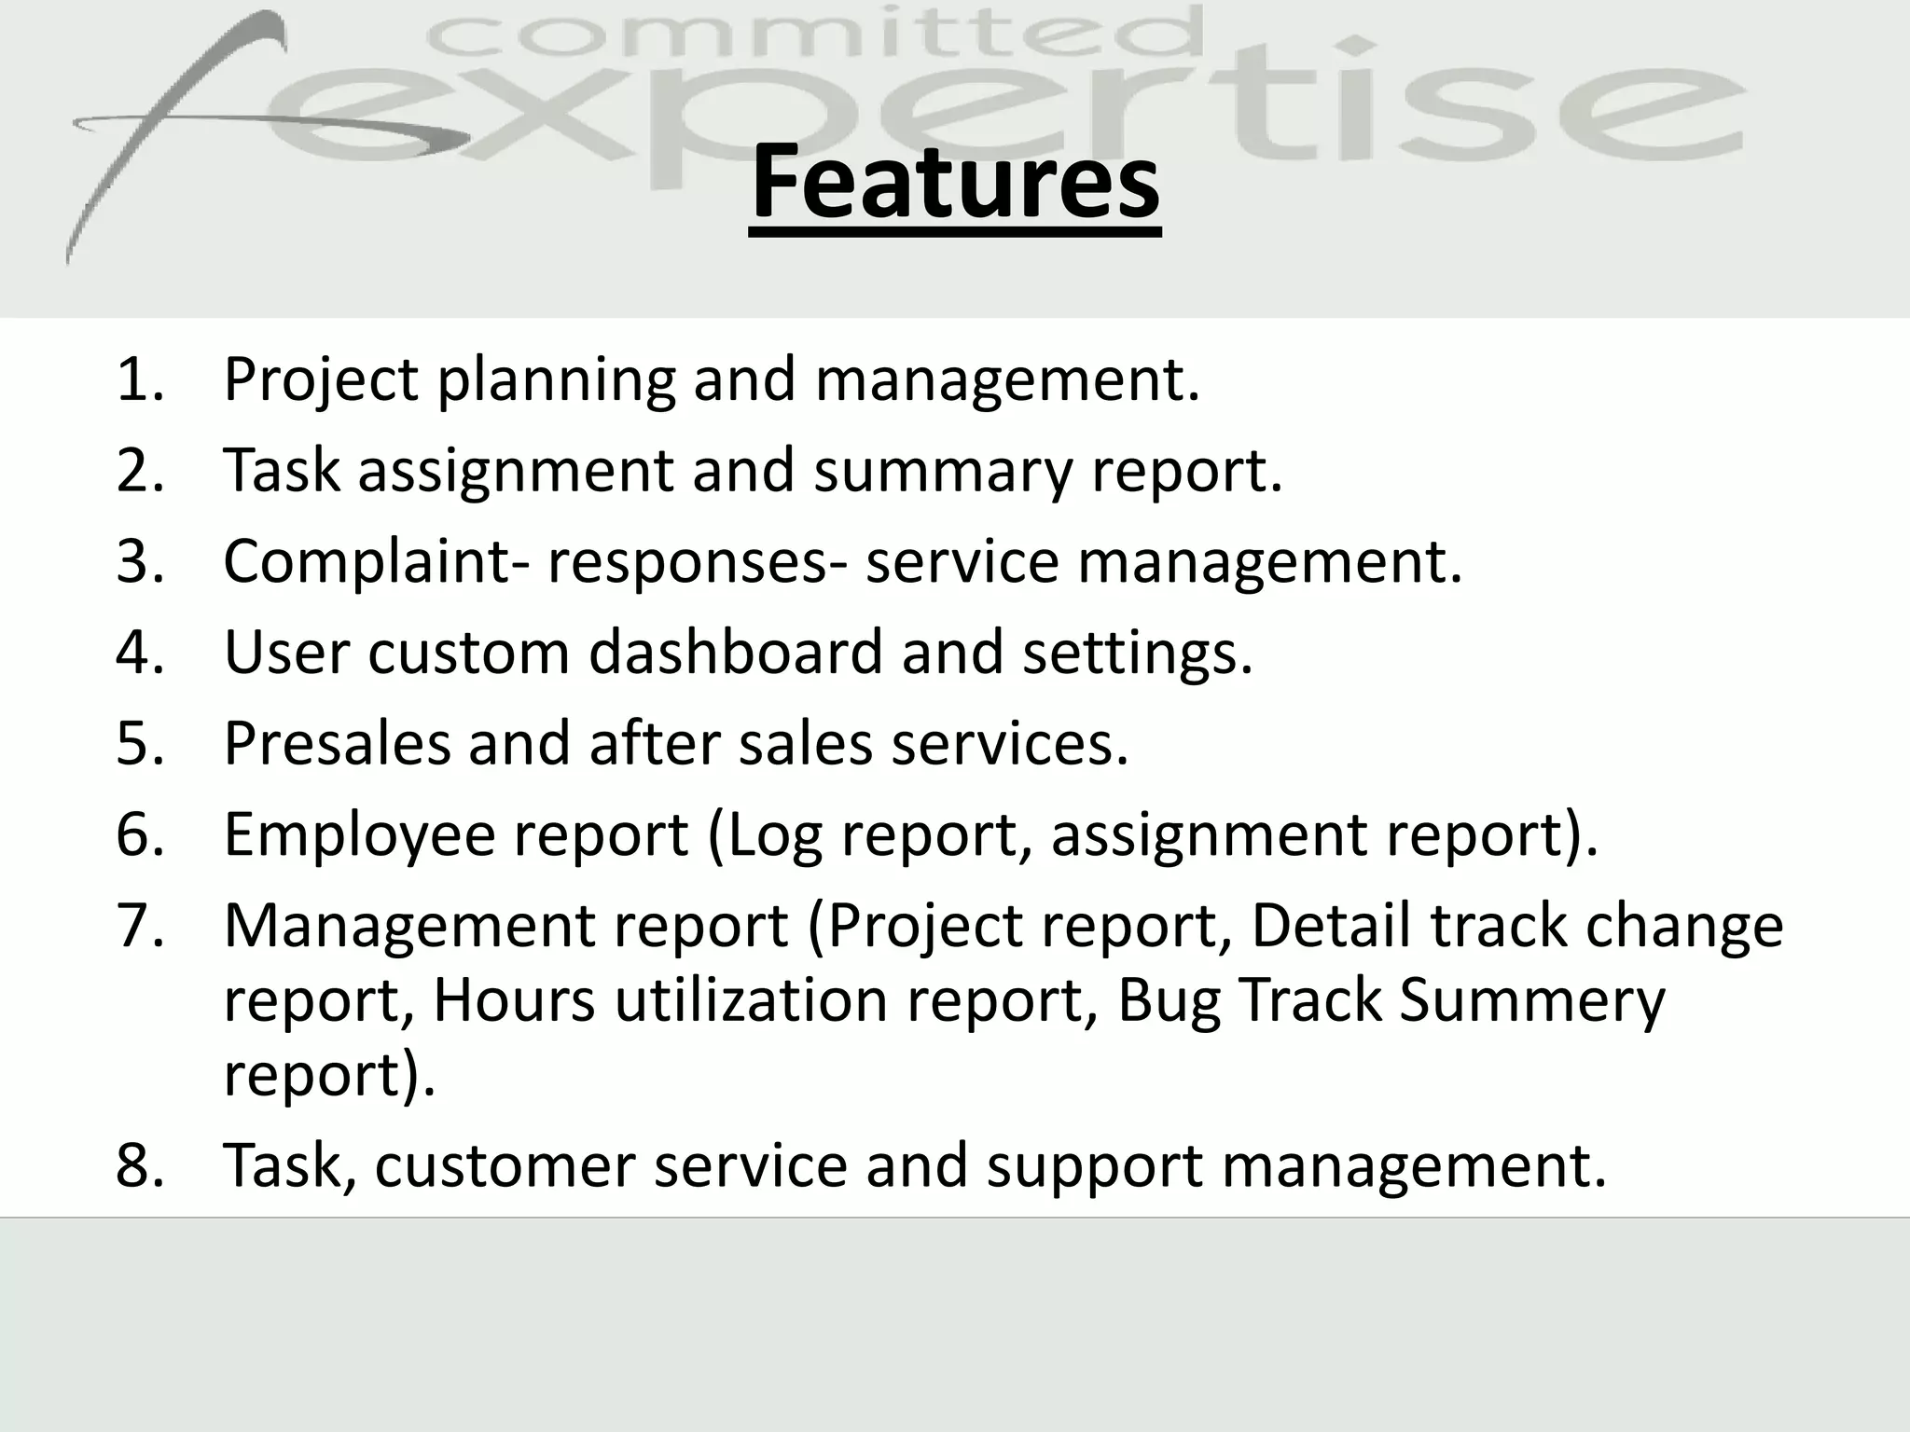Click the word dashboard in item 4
pyautogui.click(x=735, y=653)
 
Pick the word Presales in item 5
pyautogui.click(x=336, y=744)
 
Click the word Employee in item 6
pyautogui.click(x=359, y=834)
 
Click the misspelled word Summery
pyautogui.click(x=1531, y=1000)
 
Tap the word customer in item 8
pyautogui.click(x=505, y=1165)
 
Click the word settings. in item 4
pyautogui.click(x=1137, y=653)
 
